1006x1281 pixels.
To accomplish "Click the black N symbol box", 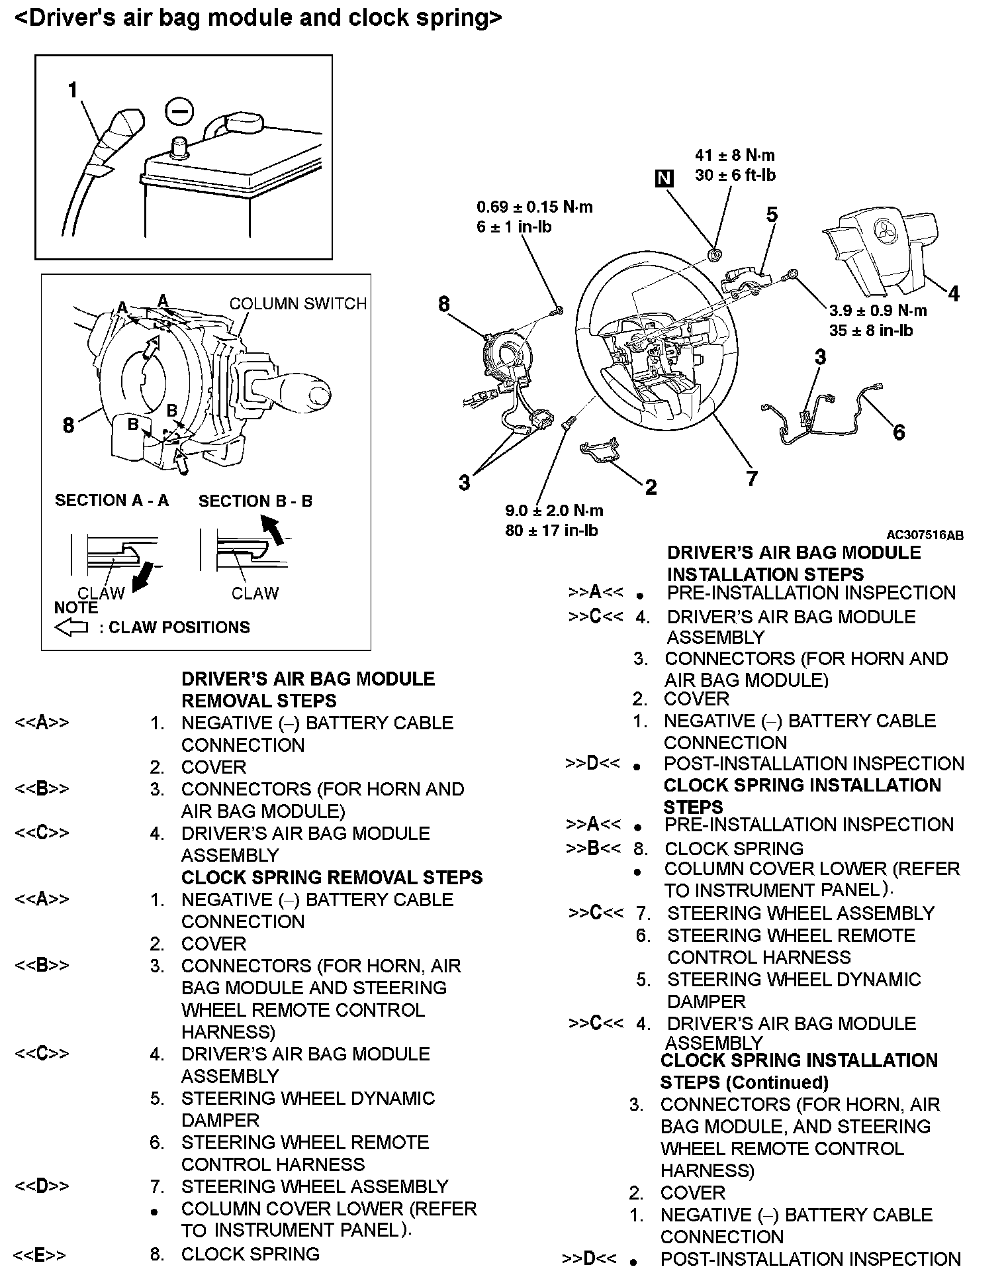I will pyautogui.click(x=664, y=178).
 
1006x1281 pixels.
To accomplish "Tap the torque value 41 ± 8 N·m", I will pyautogui.click(x=735, y=156).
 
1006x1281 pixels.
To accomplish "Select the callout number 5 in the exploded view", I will pyautogui.click(x=772, y=215).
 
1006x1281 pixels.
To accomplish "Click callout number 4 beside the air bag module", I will pyautogui.click(x=953, y=293).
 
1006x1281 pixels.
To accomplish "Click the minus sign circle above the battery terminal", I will pyautogui.click(x=179, y=111).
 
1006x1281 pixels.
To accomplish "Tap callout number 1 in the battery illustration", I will pyautogui.click(x=73, y=90).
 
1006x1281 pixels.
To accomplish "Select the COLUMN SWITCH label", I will pyautogui.click(x=298, y=303).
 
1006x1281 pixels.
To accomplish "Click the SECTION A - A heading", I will pyautogui.click(x=112, y=501).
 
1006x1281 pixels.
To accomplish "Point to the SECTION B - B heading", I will pyautogui.click(x=255, y=501).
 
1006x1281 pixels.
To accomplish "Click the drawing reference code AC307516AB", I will pyautogui.click(x=925, y=535).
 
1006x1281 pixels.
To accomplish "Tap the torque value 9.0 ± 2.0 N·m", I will pyautogui.click(x=554, y=511).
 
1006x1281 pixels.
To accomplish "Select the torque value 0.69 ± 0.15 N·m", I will pyautogui.click(x=535, y=207).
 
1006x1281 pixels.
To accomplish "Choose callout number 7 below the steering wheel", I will pyautogui.click(x=751, y=478).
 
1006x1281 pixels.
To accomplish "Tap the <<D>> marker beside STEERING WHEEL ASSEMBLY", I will pyautogui.click(x=41, y=1186).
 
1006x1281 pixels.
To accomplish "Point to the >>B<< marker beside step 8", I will pyautogui.click(x=594, y=848).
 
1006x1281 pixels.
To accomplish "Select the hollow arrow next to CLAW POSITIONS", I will pyautogui.click(x=71, y=627).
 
